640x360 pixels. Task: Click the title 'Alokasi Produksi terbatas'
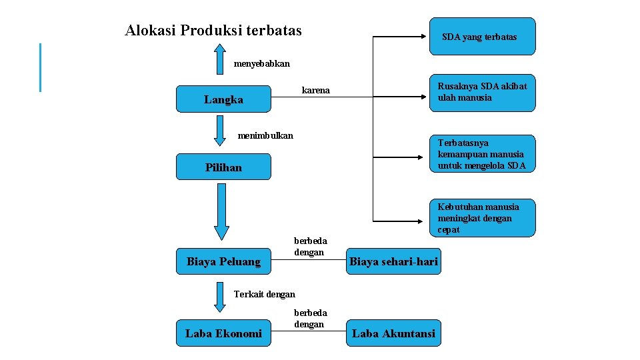[213, 31]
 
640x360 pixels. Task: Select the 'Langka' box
[223, 99]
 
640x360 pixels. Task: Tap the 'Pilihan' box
[223, 167]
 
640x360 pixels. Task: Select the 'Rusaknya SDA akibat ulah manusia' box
[482, 93]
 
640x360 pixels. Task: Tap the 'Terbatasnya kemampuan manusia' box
[482, 154]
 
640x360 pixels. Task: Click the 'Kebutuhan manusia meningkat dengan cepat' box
[482, 218]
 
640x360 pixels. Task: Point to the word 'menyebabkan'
[262, 64]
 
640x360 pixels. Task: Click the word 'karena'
[316, 90]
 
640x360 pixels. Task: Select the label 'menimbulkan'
[265, 136]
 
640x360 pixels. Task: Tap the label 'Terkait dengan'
[265, 294]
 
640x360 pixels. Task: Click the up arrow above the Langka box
[220, 59]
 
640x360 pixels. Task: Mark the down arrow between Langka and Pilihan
[220, 131]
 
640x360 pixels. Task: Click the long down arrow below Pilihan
[221, 212]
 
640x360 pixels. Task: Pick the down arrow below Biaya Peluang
[220, 297]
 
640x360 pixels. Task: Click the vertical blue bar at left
[41, 67]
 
